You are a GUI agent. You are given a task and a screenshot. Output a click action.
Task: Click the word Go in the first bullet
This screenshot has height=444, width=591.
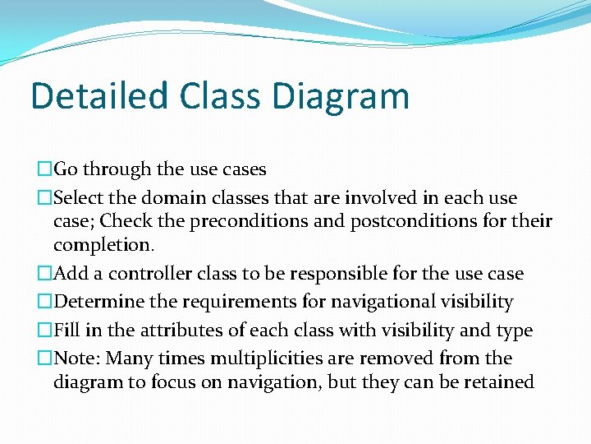[66, 169]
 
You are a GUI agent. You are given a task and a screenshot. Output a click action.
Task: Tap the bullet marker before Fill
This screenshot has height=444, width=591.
[44, 331]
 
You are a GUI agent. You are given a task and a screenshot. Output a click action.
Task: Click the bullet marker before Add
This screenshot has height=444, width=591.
[44, 274]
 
